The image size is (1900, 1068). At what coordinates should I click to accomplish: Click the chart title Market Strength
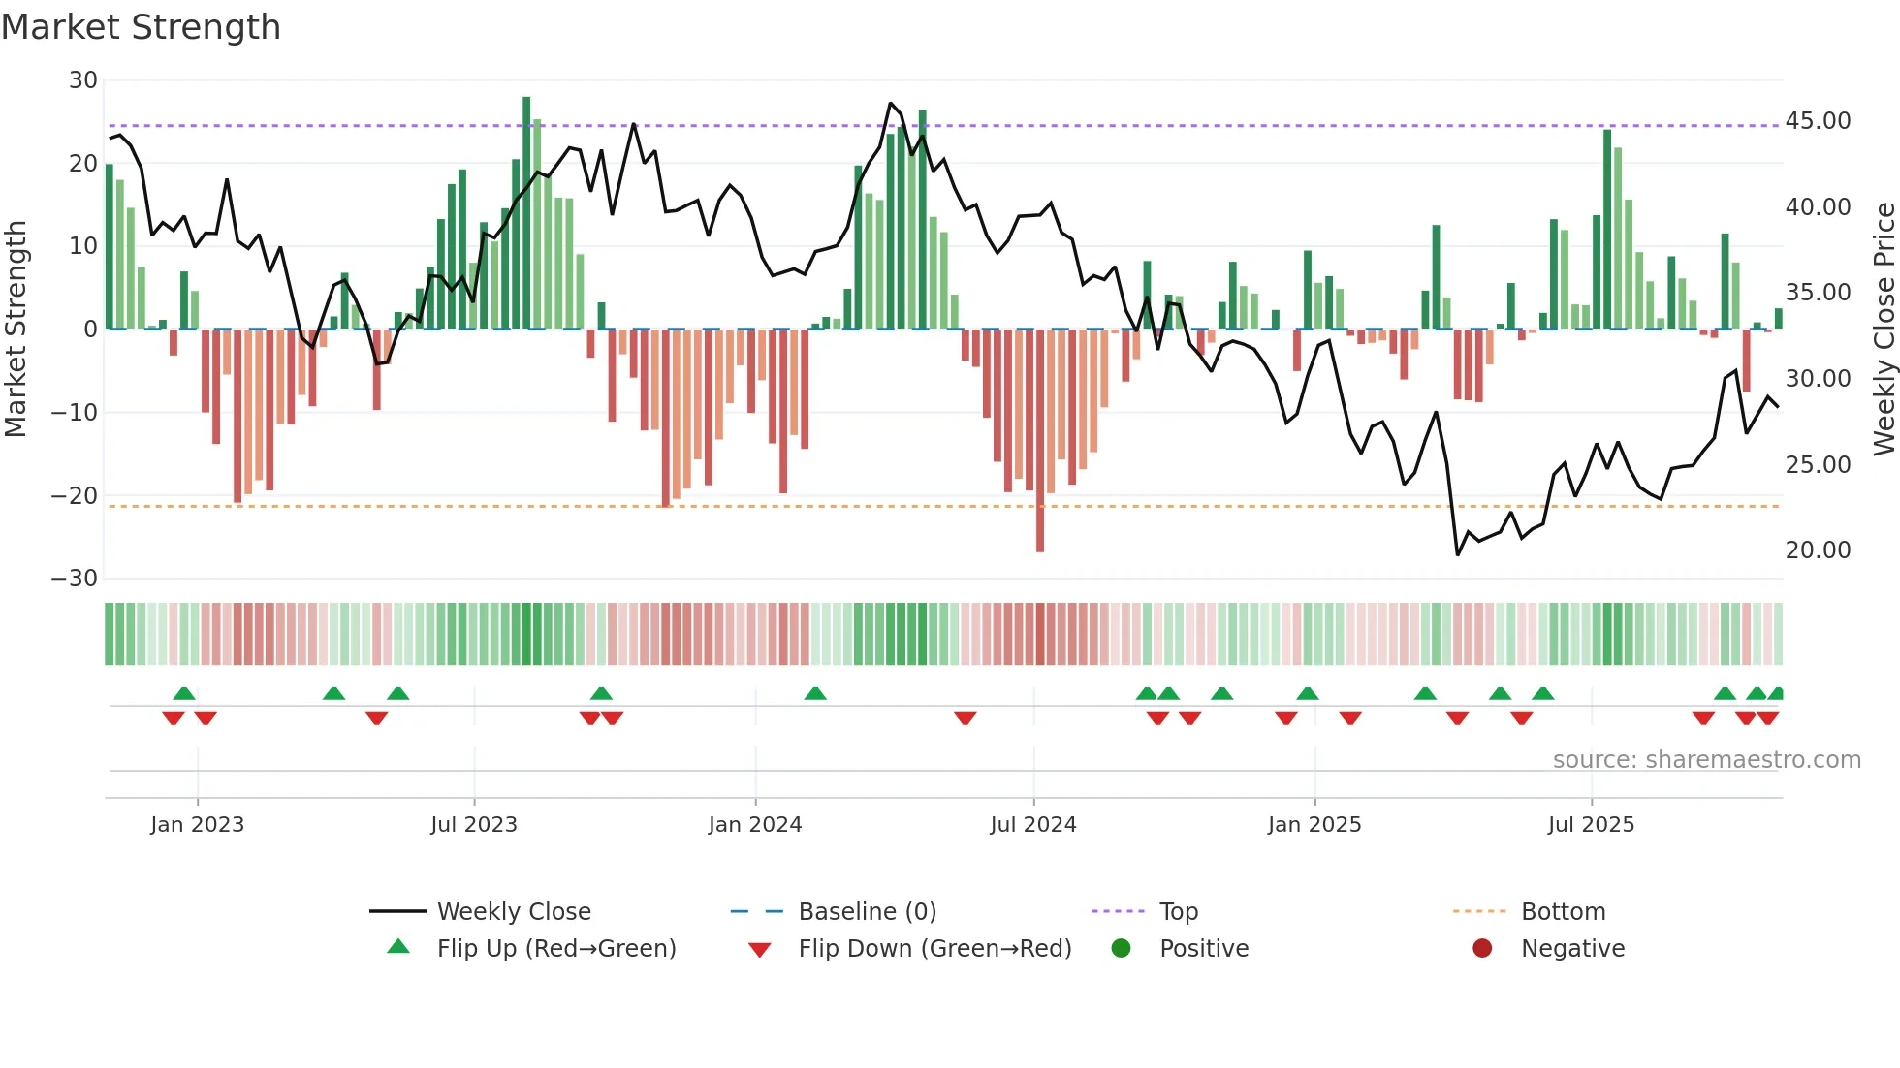[x=141, y=27]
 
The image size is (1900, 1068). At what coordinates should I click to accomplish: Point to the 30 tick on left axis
[x=83, y=80]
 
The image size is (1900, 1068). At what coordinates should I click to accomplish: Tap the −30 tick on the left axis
[x=75, y=579]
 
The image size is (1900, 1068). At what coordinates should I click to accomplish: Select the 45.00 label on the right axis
[x=1818, y=121]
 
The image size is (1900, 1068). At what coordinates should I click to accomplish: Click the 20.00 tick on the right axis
[x=1818, y=550]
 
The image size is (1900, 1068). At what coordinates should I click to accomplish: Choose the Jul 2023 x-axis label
[x=474, y=825]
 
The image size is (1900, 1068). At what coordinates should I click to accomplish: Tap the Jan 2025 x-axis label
[x=1314, y=825]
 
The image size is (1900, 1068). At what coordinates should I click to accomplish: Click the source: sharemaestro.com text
[x=1706, y=760]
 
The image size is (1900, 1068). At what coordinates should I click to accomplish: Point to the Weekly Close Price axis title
[x=1884, y=330]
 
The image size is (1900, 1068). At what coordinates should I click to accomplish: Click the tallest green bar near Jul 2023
[x=526, y=213]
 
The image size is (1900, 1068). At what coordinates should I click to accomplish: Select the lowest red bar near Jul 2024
[x=1040, y=441]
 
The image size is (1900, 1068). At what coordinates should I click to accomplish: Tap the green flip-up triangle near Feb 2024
[x=815, y=694]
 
